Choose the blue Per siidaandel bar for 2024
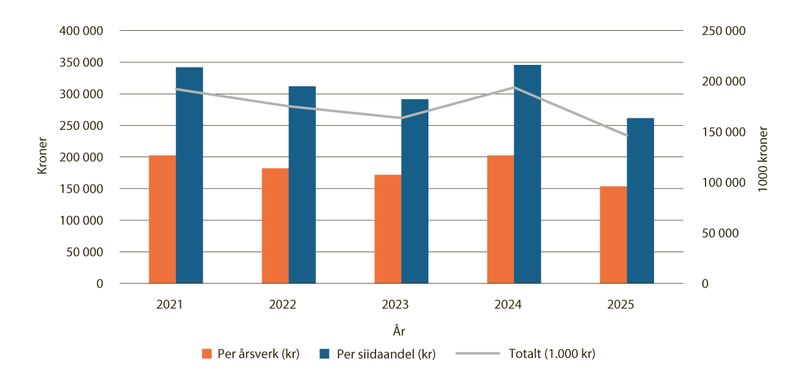(x=528, y=174)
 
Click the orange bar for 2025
(x=613, y=235)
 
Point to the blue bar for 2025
(x=641, y=201)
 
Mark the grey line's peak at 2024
(x=514, y=87)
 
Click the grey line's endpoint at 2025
(x=627, y=136)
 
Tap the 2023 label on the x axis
(x=401, y=304)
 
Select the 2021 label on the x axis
(x=176, y=304)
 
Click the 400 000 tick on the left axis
(x=82, y=31)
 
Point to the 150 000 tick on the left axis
(x=82, y=189)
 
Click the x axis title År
(x=400, y=331)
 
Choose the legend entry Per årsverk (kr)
(x=250, y=355)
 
